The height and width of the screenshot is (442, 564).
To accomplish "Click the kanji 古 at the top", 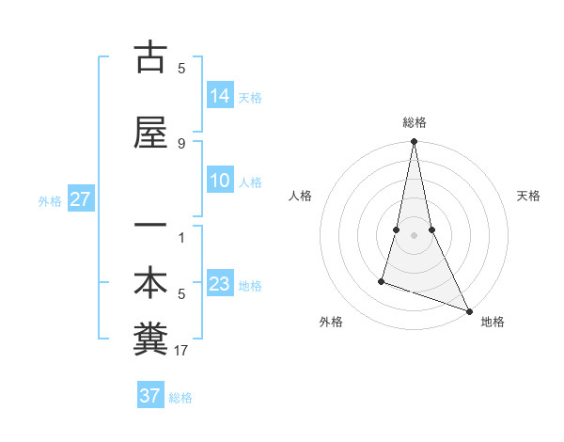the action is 150,57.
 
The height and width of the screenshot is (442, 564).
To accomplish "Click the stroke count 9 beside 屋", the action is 181,144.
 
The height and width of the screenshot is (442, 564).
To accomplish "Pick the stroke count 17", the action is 181,351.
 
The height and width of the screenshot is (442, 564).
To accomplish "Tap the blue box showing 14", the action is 220,95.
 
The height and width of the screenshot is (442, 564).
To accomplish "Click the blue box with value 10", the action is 220,181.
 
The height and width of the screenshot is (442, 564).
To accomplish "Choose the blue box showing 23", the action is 220,284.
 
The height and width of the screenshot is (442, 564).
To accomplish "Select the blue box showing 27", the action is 80,199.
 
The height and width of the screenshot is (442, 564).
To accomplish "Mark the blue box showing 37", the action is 149,396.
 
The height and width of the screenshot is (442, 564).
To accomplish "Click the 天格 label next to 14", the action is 250,97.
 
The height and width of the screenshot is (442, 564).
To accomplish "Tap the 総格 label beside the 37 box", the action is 180,398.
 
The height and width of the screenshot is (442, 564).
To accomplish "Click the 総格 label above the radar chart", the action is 415,122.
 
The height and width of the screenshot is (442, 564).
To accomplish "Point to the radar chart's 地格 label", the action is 493,322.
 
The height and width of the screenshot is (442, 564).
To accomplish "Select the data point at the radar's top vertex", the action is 414,142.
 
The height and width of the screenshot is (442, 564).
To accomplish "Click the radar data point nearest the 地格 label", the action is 468,311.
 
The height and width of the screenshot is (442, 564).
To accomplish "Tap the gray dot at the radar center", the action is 414,234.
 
